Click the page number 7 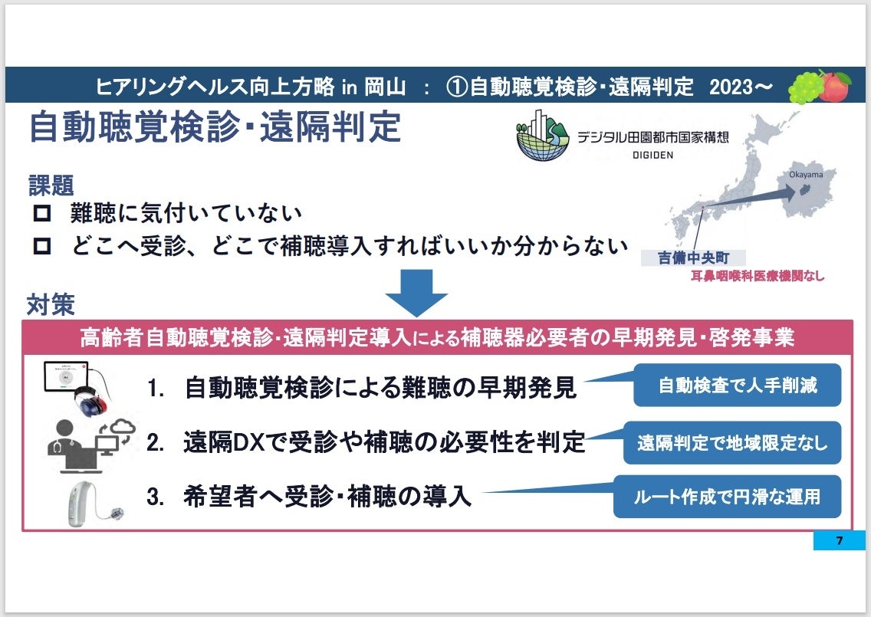coord(839,540)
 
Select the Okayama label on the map coord(805,175)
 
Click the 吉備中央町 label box coord(692,258)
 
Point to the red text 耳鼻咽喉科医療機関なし coord(758,276)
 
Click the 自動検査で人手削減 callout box coord(737,385)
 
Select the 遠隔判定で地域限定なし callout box coord(732,442)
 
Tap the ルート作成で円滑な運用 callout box coord(726,496)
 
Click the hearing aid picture coord(86,500)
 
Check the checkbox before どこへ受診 coord(42,246)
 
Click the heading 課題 coord(51,184)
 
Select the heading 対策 coord(51,304)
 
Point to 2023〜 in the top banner coord(740,87)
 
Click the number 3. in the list coord(156,497)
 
